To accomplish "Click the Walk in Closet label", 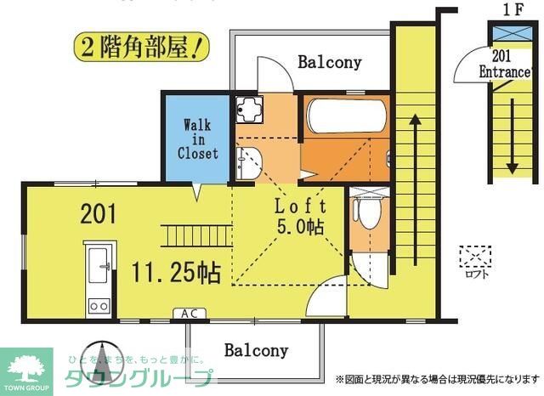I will (x=197, y=139).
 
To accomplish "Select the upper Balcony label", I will (x=329, y=62).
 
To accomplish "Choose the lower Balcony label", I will (x=256, y=350).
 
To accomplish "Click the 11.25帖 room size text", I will (x=177, y=272).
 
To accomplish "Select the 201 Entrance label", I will (x=504, y=65).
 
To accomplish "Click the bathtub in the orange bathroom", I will (x=344, y=116).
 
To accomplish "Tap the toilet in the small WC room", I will (x=370, y=212).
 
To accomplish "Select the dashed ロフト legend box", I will (x=474, y=255).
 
